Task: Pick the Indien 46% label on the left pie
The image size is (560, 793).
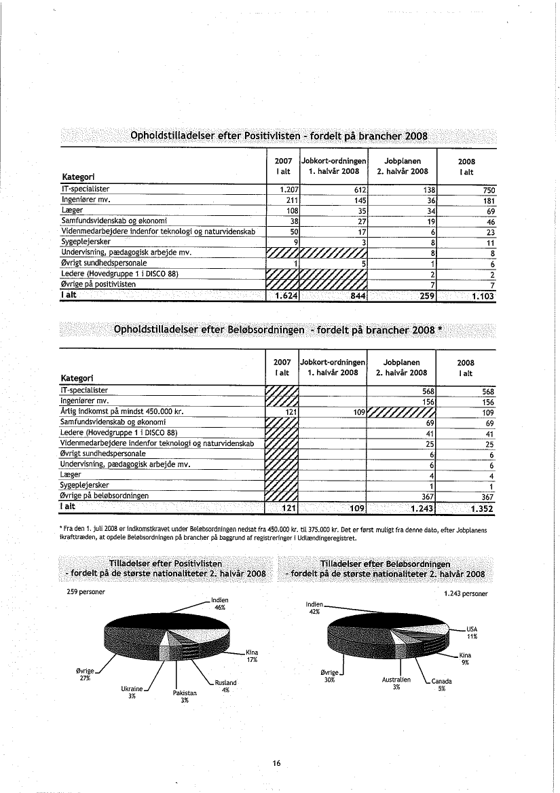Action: click(219, 604)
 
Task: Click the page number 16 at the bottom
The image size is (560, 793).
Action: click(276, 764)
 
